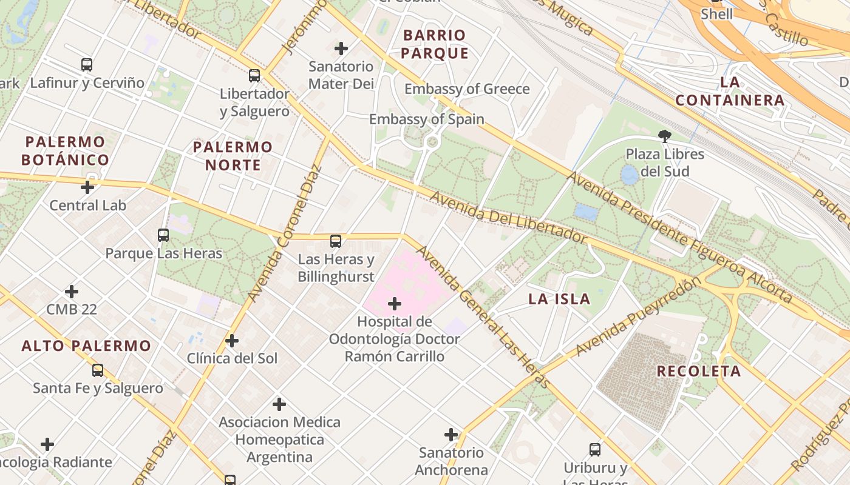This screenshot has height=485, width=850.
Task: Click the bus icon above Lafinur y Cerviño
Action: point(87,64)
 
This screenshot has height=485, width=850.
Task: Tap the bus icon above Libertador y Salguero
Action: point(254,76)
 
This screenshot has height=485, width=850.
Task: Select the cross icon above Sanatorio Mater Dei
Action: point(341,48)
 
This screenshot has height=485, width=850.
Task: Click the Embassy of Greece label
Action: point(467,89)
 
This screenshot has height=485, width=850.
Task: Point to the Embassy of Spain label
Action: point(426,119)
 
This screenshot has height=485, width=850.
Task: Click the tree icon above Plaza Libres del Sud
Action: point(665,136)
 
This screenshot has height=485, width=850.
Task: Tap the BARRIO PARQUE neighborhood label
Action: point(434,44)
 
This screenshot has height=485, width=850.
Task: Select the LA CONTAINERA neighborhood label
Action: point(730,91)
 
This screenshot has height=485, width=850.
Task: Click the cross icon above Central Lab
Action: point(87,187)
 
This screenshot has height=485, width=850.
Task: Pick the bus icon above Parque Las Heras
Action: point(163,235)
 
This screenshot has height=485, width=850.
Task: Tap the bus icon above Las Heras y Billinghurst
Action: point(336,241)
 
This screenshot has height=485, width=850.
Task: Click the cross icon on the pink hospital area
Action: point(395,303)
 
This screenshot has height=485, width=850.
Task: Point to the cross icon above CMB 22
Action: point(72,292)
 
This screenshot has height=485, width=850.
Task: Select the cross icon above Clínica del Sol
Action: point(232,341)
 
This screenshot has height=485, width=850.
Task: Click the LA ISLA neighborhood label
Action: point(559,299)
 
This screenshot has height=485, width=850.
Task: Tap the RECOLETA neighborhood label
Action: point(699,371)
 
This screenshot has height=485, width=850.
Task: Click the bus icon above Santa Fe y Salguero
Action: point(98,370)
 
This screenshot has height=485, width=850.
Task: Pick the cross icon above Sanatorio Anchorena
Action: point(451,435)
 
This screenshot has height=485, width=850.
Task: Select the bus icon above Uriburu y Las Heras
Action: point(595,450)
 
